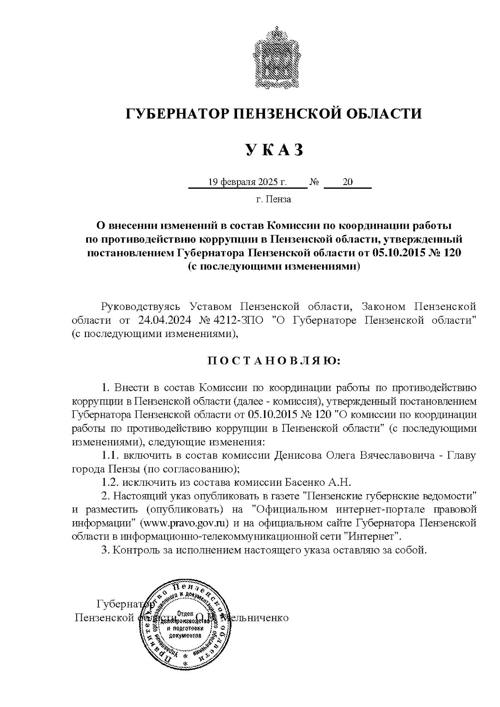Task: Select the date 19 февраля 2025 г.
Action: [247, 182]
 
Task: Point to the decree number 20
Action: [347, 182]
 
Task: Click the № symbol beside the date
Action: [315, 182]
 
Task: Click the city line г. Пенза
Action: [273, 199]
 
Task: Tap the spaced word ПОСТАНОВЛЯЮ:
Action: [274, 360]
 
